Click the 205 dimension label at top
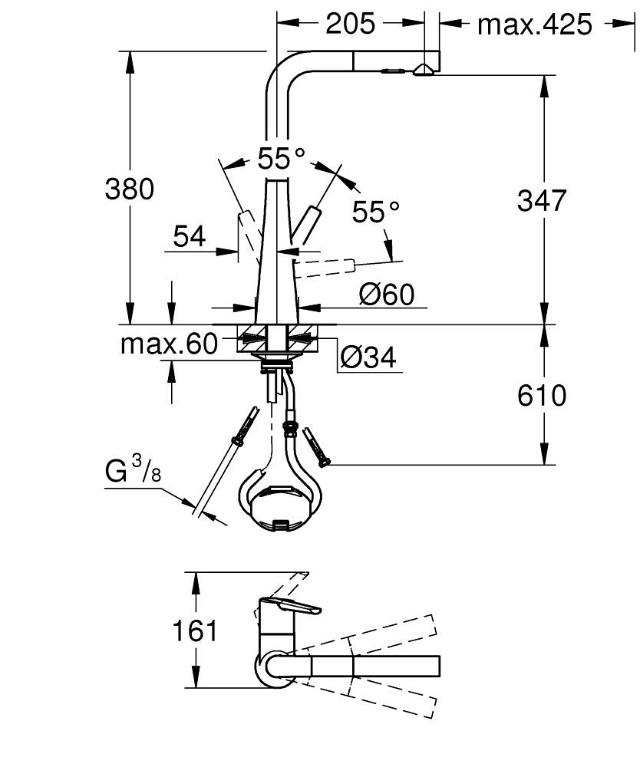tap(351, 25)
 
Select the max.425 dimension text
tap(535, 25)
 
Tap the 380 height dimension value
tap(129, 189)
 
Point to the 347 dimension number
tap(542, 200)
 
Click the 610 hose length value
tap(542, 396)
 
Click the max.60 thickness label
tap(169, 344)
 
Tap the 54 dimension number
tap(189, 237)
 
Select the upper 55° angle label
tap(281, 159)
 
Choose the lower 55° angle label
tap(376, 212)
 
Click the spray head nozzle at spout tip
tap(421, 71)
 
